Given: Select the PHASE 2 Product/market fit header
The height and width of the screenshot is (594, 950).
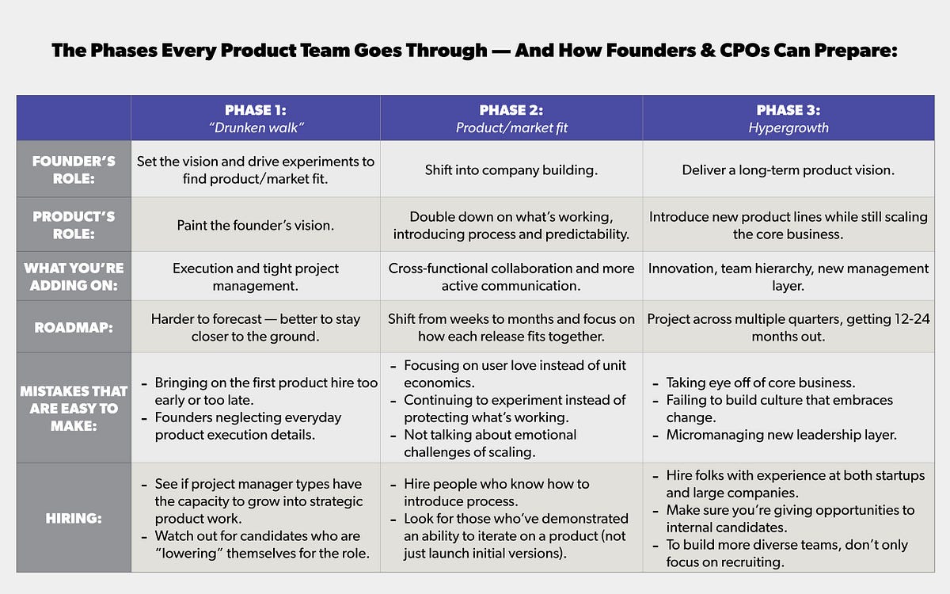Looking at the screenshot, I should click(511, 118).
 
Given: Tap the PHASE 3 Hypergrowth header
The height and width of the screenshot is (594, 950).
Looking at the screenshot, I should click(788, 118).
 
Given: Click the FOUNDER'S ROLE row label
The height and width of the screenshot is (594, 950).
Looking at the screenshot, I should click(74, 169).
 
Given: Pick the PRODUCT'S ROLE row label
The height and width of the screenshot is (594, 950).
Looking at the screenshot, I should click(74, 225).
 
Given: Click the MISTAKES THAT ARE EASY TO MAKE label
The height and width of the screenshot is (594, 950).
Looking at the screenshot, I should click(74, 408).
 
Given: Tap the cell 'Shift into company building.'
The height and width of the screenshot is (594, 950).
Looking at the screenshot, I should click(511, 170).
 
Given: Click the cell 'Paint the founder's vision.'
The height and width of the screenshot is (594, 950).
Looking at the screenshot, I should click(255, 226).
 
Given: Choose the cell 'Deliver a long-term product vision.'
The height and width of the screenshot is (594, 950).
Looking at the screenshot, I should click(788, 170).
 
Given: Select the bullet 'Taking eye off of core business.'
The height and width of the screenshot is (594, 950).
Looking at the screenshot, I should click(760, 383).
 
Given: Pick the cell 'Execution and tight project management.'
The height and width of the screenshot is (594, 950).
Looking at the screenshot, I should click(255, 276).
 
